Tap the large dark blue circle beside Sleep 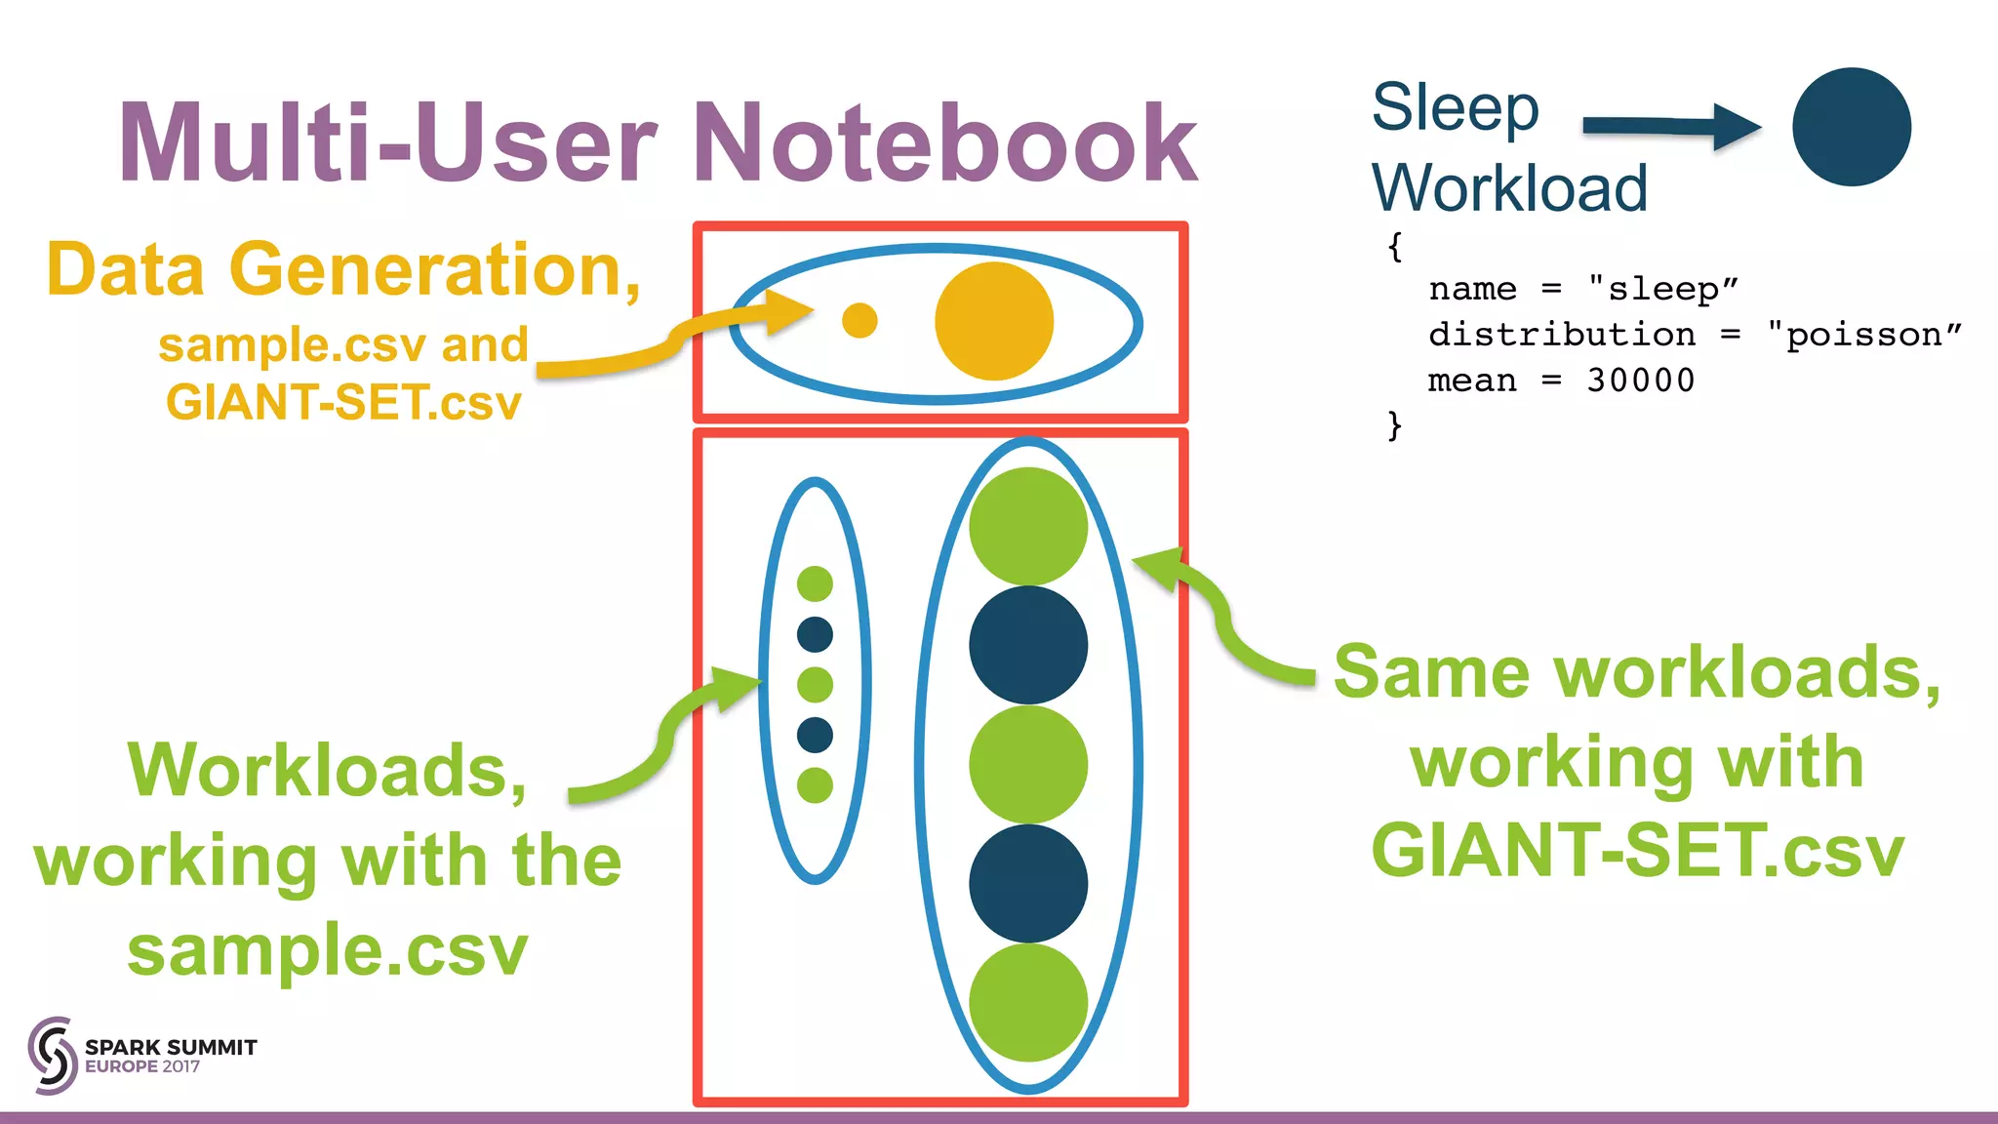(x=1851, y=127)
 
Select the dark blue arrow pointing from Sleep (x=1670, y=126)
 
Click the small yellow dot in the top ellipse (x=859, y=320)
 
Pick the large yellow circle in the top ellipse (x=993, y=321)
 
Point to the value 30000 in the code (x=1641, y=381)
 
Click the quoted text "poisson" (x=1864, y=335)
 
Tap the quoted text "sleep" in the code (x=1663, y=289)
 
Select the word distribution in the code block (x=1562, y=335)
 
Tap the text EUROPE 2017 (x=142, y=1066)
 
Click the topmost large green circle (x=1027, y=526)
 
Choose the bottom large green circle (x=1027, y=1002)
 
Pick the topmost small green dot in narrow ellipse (x=815, y=583)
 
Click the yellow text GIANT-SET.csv (x=343, y=402)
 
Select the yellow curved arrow (x=673, y=341)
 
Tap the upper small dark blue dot (x=815, y=634)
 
